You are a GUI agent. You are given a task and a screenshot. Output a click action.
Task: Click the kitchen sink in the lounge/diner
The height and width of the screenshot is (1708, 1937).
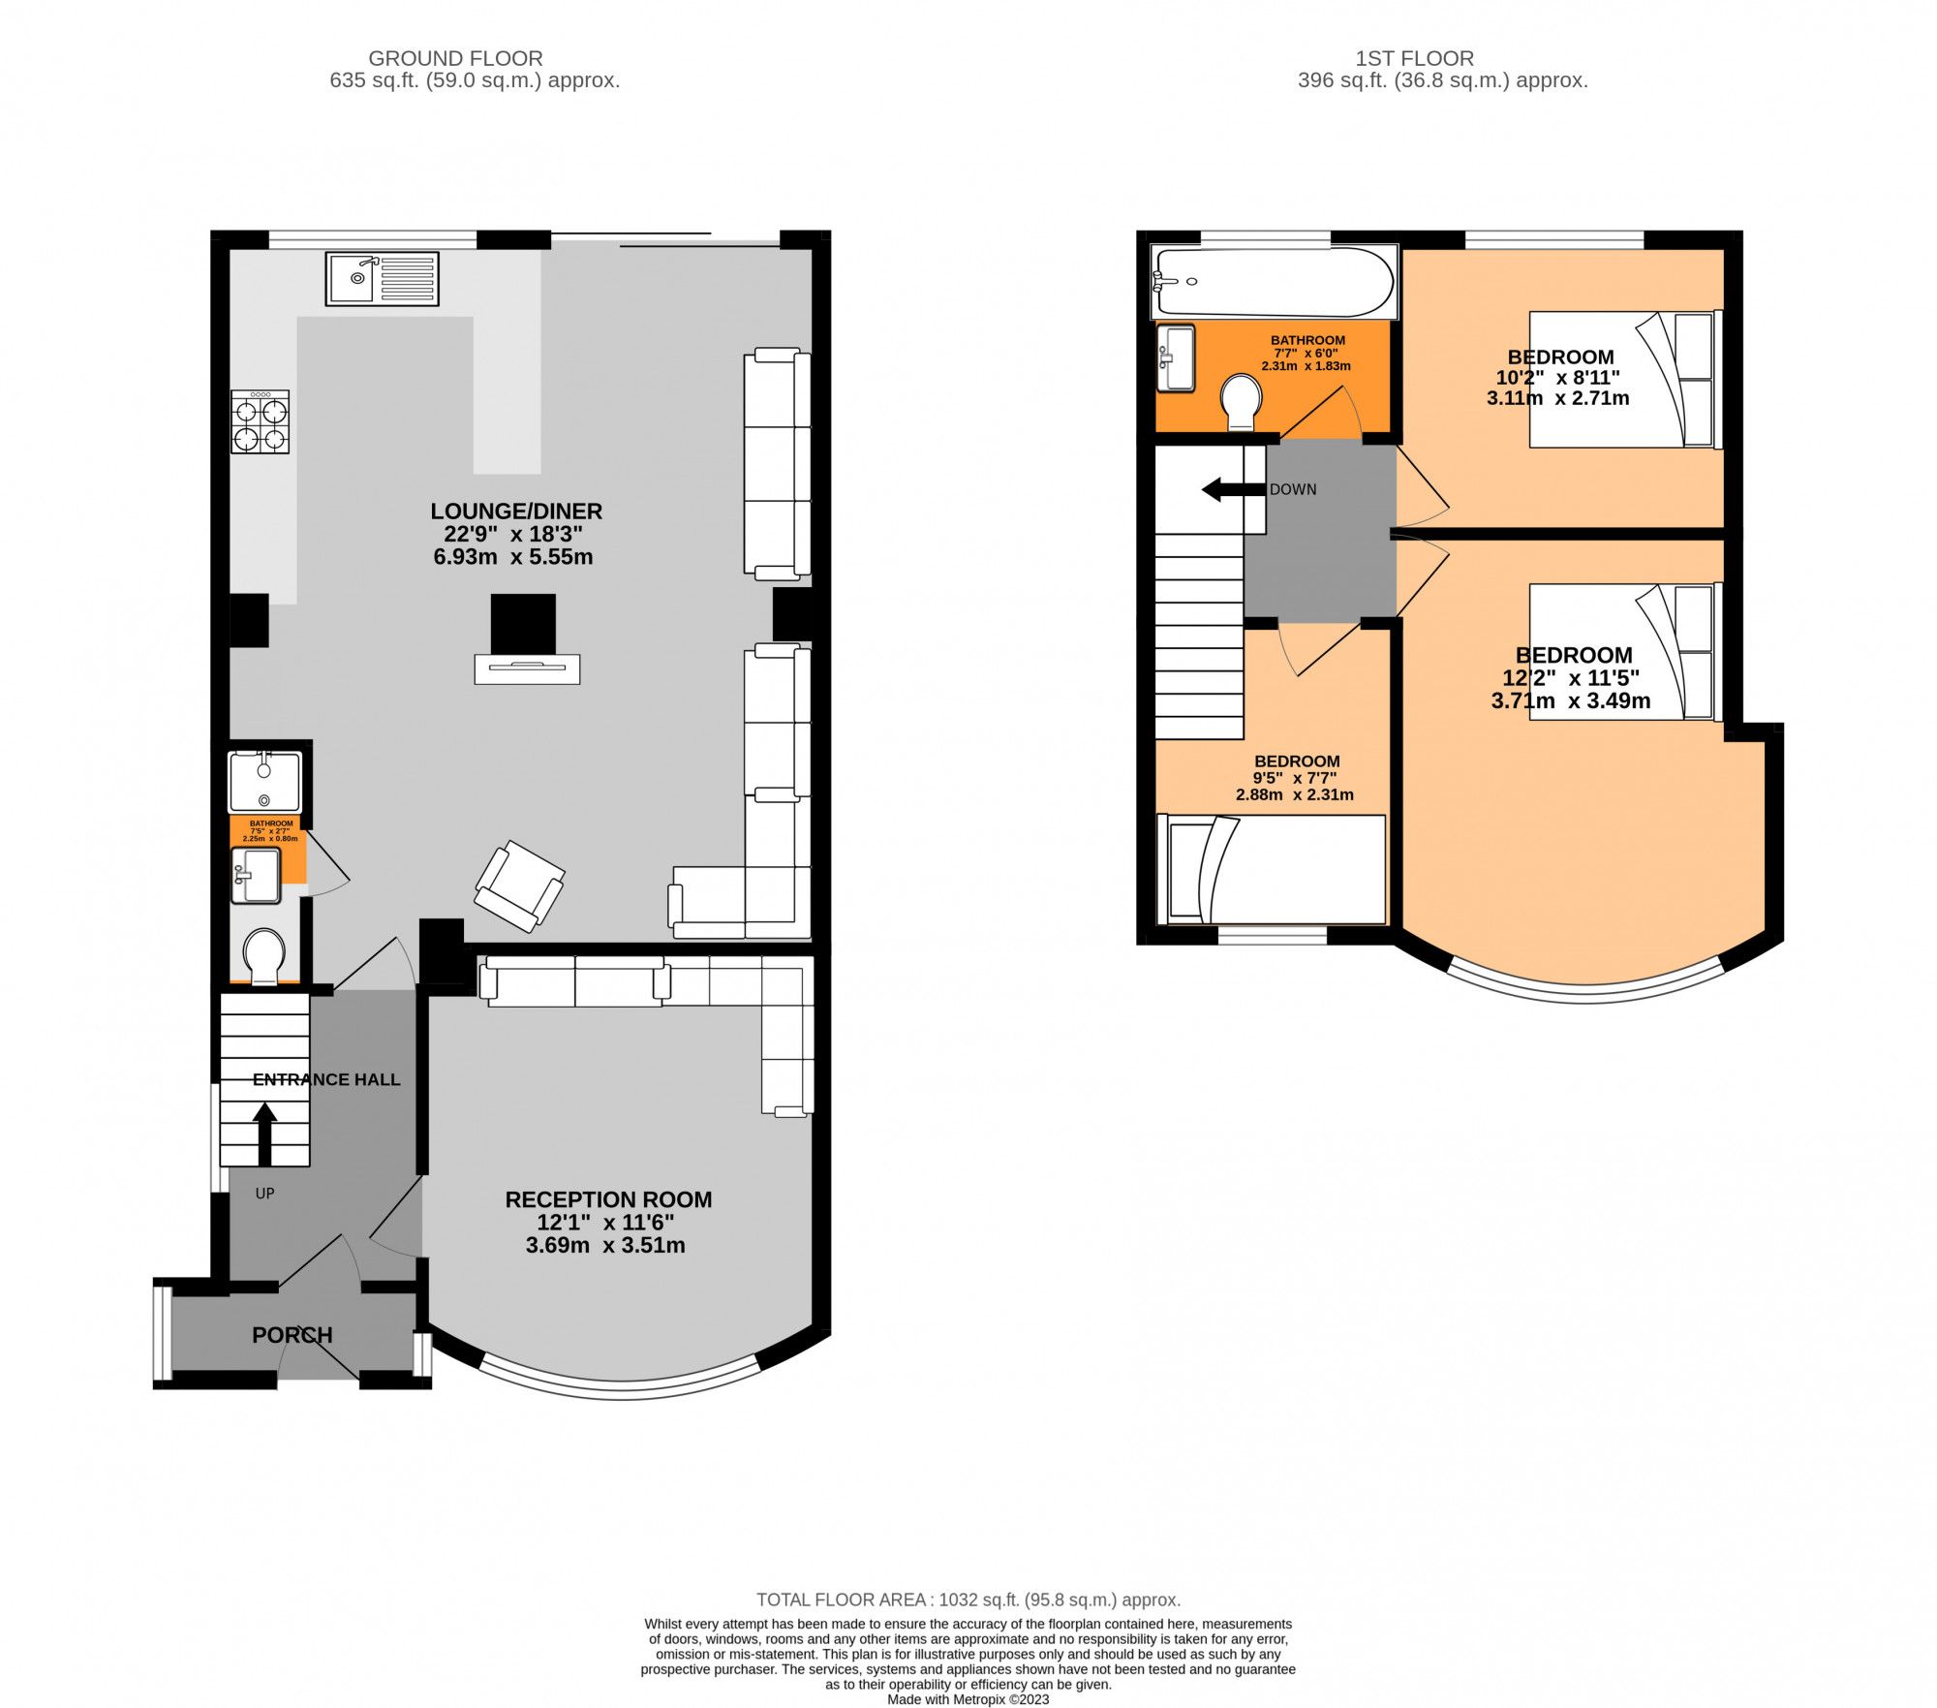(382, 279)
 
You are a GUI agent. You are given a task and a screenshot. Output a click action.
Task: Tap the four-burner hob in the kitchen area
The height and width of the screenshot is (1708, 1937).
(260, 421)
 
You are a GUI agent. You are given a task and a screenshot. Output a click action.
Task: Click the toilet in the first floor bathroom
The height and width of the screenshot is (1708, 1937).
(1241, 401)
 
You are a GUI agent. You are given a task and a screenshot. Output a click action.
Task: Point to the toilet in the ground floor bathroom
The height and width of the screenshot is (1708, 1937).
(263, 955)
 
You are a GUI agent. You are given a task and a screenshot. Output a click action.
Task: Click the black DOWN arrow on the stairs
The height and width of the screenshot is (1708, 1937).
(1233, 489)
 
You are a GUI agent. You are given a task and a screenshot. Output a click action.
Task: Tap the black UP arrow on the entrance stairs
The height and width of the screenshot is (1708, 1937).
(264, 1134)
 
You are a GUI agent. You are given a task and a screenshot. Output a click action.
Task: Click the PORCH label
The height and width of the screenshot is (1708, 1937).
(292, 1335)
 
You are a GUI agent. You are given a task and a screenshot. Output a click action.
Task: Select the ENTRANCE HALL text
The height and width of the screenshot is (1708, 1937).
(326, 1079)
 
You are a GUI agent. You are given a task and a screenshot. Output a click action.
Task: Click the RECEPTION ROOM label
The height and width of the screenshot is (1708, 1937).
(608, 1199)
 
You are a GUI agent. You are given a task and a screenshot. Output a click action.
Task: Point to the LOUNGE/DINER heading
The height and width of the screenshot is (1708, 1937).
(516, 511)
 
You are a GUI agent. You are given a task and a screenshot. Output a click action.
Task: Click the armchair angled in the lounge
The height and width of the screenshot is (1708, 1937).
(520, 885)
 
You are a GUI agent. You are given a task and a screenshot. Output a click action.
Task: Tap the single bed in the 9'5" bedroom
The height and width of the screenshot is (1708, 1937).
(1272, 869)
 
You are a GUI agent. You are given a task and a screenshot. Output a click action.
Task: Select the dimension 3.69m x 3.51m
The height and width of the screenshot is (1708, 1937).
(605, 1246)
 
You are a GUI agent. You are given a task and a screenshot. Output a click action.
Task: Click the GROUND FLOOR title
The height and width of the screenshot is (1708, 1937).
(455, 58)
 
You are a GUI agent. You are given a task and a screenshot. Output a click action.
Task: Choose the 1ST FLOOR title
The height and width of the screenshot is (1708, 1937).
(1414, 58)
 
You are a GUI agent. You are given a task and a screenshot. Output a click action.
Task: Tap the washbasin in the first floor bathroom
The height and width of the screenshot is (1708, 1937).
(1176, 357)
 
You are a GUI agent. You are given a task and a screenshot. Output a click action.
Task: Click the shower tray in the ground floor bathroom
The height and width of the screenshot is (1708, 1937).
(264, 781)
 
